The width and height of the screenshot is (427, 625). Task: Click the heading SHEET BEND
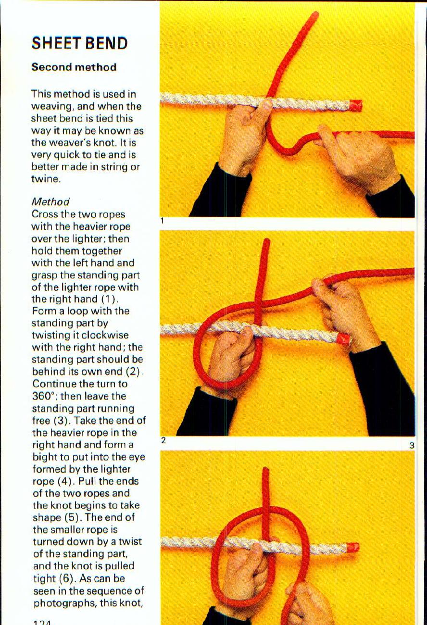80,44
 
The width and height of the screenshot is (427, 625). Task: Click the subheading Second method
74,67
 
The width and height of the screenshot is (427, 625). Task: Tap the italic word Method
50,202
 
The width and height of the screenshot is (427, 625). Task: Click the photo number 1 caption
163,221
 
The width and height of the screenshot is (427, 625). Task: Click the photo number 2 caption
163,440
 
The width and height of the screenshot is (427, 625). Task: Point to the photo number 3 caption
412,446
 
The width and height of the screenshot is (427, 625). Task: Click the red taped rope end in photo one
355,105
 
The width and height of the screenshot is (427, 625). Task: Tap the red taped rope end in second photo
344,339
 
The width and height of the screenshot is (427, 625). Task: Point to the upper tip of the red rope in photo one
314,15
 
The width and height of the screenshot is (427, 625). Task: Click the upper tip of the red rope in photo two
266,241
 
